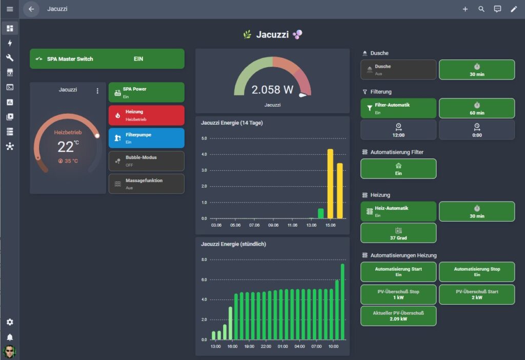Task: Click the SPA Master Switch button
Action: [x=107, y=59]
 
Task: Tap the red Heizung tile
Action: [x=146, y=115]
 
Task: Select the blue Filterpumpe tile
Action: [x=146, y=138]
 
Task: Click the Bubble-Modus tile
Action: [x=146, y=161]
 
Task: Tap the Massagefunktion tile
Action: [x=146, y=184]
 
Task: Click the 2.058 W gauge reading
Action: [x=272, y=90]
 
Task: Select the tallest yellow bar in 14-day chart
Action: [x=330, y=184]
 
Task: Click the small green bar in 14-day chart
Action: [x=321, y=213]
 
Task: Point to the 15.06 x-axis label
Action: [x=331, y=225]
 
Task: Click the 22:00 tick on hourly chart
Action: [x=266, y=346]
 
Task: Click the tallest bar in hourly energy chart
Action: [x=342, y=302]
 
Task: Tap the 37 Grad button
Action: [x=398, y=233]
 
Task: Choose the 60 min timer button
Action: [x=477, y=108]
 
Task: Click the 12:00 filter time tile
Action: [x=398, y=130]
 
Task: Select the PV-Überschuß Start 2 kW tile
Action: [x=477, y=295]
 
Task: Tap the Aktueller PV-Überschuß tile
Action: [x=398, y=316]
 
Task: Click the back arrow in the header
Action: [x=31, y=9]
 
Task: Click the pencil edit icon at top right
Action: [x=514, y=9]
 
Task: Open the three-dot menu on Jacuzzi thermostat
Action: [x=97, y=91]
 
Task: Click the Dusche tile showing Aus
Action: [x=398, y=70]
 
